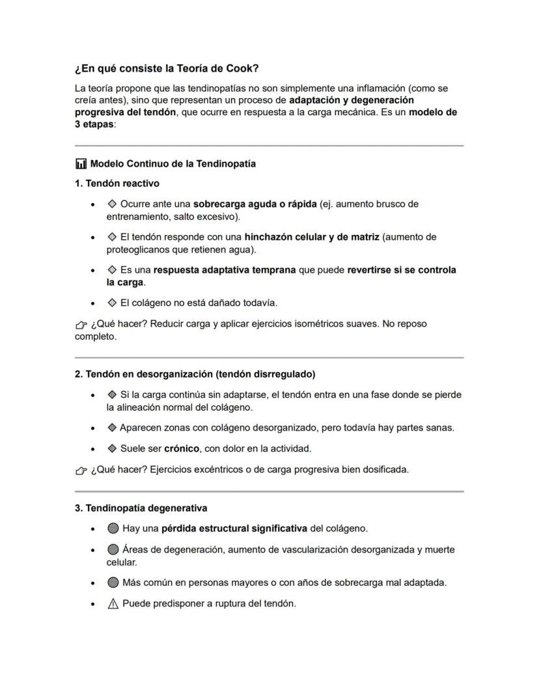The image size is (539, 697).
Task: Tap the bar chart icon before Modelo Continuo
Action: [x=81, y=164]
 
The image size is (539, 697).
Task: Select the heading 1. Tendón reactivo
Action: [x=117, y=184]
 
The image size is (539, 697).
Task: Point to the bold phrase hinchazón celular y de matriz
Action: [x=311, y=237]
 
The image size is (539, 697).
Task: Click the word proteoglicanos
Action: [x=136, y=249]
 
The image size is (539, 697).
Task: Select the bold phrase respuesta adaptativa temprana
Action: [x=225, y=269]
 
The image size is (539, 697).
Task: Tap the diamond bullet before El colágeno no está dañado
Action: [x=112, y=303]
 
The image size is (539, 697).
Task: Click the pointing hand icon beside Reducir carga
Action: [x=81, y=324]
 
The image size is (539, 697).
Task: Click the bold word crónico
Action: [x=182, y=448]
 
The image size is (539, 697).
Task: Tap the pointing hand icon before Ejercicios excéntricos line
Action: [x=81, y=470]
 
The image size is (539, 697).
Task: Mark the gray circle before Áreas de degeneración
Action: [x=113, y=550]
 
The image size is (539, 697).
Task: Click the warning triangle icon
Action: [x=113, y=603]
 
